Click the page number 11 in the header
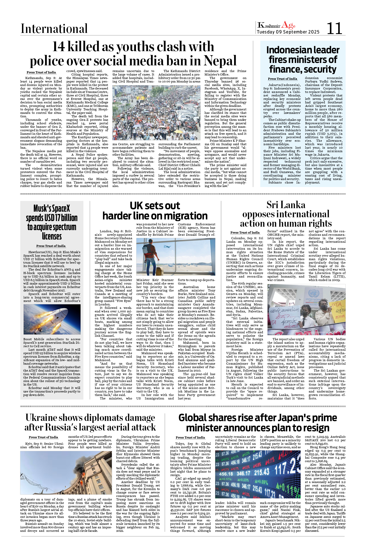334,28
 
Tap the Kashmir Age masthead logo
276,25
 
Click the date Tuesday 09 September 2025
288,32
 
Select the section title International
54,29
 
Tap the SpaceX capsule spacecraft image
52,319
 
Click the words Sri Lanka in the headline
286,205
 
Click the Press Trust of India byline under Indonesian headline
282,79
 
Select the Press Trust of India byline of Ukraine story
43,437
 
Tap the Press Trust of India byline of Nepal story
41,72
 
